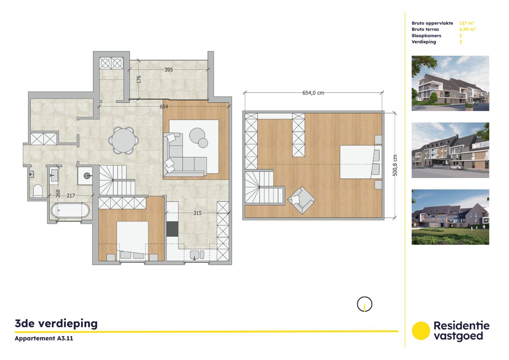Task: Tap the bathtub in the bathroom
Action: point(70,211)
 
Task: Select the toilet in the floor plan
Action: point(38,191)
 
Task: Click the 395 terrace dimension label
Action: point(169,70)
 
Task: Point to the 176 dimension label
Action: point(139,79)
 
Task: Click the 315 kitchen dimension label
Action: point(197,213)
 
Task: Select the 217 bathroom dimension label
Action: point(71,196)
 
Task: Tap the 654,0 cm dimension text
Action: point(313,93)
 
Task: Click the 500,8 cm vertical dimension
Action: point(395,165)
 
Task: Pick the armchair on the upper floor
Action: point(301,200)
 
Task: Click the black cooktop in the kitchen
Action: point(172,229)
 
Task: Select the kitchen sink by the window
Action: point(197,255)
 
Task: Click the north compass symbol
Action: point(364,304)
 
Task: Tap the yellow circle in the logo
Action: point(421,331)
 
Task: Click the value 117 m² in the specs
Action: point(466,23)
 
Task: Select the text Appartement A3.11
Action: point(44,338)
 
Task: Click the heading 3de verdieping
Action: point(56,323)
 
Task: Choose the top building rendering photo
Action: point(450,83)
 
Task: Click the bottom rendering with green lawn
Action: point(450,217)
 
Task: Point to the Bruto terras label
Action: point(425,29)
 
